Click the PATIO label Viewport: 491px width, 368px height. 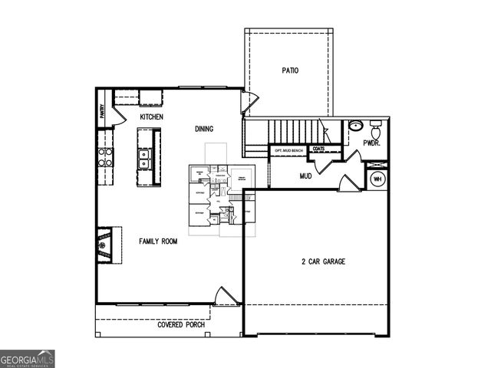[x=289, y=71]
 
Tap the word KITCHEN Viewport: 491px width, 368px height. [x=151, y=117]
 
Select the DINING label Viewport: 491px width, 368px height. [x=204, y=129]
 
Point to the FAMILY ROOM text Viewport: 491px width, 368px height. [x=158, y=241]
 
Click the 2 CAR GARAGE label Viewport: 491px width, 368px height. [x=323, y=261]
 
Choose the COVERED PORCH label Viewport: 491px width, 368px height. [x=182, y=324]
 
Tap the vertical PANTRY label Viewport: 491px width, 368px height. [x=101, y=112]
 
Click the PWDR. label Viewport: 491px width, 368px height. [x=373, y=143]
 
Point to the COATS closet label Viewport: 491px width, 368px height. [x=318, y=149]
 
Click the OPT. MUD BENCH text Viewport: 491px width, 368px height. [x=289, y=150]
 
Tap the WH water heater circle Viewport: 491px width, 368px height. [x=377, y=179]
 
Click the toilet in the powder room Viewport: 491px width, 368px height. [x=375, y=125]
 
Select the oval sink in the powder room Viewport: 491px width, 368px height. [x=355, y=126]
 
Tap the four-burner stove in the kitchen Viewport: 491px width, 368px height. [x=105, y=156]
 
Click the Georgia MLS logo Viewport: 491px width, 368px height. [x=28, y=358]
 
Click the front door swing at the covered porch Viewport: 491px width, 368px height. [x=226, y=296]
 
